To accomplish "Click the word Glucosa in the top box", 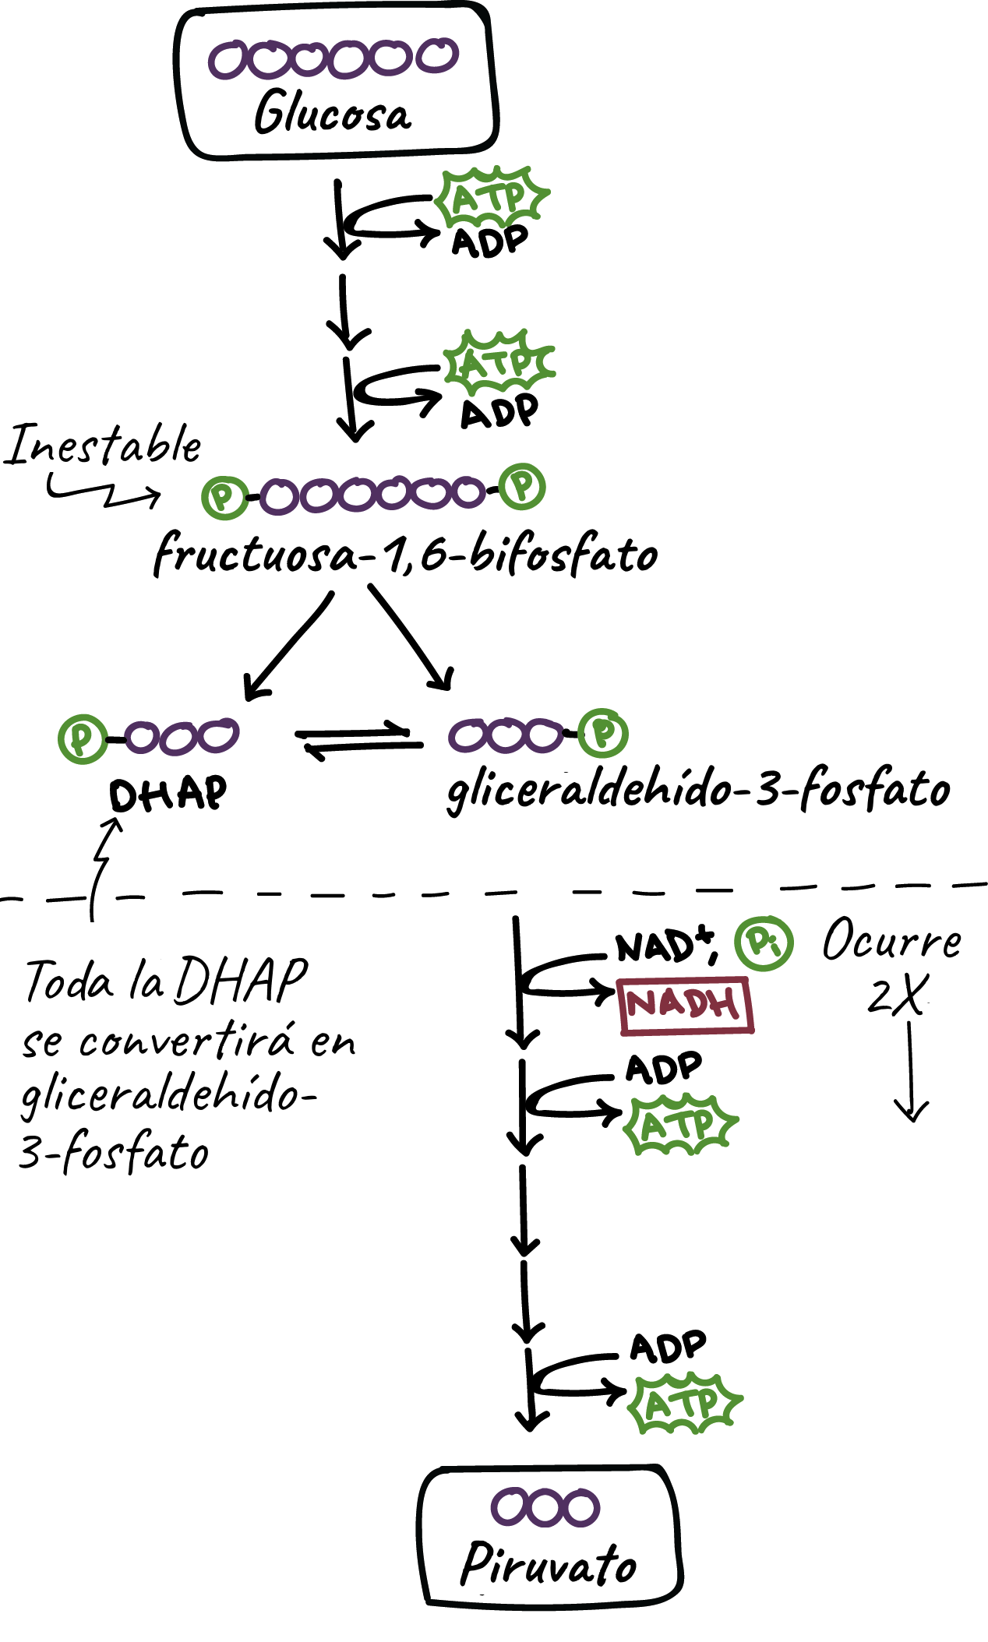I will [333, 113].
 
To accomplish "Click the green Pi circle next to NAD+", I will [764, 943].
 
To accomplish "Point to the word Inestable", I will [104, 446].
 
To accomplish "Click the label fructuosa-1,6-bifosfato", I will [405, 555].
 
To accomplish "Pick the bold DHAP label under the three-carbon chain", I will [168, 795].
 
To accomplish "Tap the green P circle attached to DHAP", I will [82, 738].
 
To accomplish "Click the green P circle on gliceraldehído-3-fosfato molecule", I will [604, 733].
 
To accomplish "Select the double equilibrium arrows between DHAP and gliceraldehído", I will [358, 741].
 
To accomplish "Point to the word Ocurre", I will [892, 940].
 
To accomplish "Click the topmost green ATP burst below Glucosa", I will [491, 196].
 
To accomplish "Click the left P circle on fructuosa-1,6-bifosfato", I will [224, 497].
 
